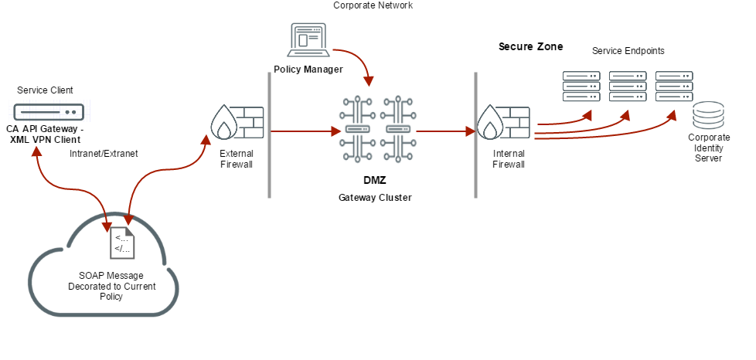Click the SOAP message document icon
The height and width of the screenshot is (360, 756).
(122, 243)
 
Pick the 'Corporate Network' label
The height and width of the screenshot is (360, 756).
(373, 5)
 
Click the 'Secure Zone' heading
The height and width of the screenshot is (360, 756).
(531, 47)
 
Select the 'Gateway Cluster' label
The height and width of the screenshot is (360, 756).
(375, 198)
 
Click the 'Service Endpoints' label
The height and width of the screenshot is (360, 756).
(628, 51)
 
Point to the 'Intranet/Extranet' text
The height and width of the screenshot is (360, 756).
(104, 154)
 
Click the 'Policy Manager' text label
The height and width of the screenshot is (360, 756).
(308, 70)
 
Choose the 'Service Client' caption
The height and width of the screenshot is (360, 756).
(45, 91)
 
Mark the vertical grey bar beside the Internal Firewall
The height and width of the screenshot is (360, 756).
(475, 135)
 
